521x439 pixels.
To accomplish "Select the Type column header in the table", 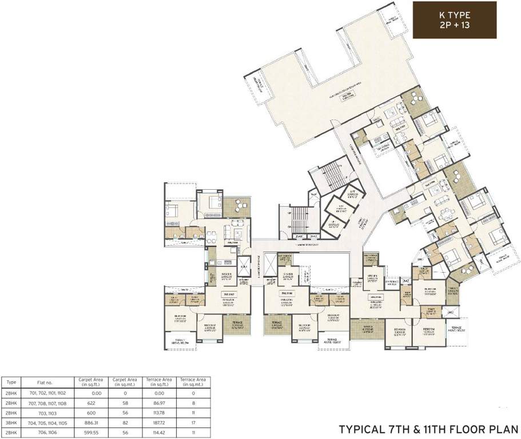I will [11, 382].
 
